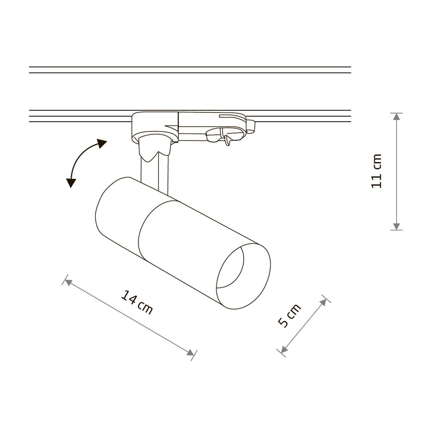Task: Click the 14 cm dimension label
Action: coord(136,302)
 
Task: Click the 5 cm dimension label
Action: coord(289,316)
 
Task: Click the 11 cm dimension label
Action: coord(376,171)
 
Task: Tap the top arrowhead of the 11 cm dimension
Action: coord(396,117)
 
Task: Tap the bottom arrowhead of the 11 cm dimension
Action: coord(396,226)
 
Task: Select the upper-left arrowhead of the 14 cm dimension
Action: coord(68,283)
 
